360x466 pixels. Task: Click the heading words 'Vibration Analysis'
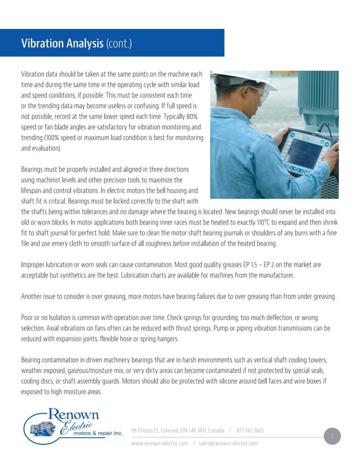point(62,43)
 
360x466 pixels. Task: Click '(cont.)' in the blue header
point(118,43)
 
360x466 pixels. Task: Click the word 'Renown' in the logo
point(74,415)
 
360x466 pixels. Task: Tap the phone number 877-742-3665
point(250,430)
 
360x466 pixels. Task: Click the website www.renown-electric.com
point(160,443)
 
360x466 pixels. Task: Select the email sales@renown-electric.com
point(229,443)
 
